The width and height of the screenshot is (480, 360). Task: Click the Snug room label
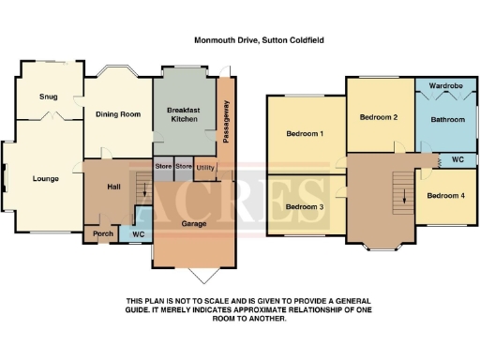tap(49, 97)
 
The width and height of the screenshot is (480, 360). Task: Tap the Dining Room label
tap(118, 114)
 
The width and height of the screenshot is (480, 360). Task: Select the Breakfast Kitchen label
tap(185, 115)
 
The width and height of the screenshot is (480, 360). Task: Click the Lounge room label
tap(45, 179)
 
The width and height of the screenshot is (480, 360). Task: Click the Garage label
tap(194, 225)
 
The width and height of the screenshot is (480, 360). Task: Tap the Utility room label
tap(205, 168)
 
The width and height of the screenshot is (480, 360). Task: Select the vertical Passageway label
tap(225, 120)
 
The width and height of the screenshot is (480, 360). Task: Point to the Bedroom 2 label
tap(379, 117)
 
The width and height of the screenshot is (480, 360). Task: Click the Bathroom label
tap(447, 120)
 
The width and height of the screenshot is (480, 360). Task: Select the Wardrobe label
tap(446, 86)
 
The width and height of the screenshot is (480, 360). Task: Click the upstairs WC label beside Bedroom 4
tap(457, 159)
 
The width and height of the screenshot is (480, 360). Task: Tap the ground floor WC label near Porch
tap(138, 233)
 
